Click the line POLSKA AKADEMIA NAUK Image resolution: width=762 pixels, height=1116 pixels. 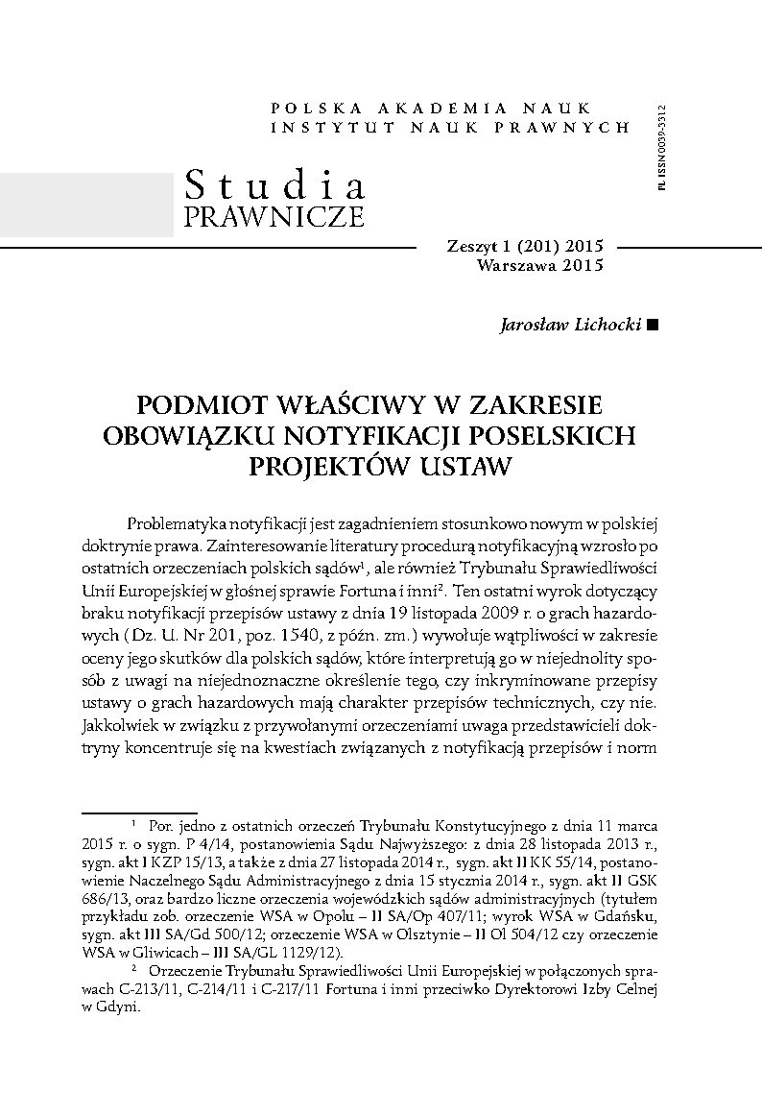tap(432, 109)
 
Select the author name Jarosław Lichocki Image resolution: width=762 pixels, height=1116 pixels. tap(572, 325)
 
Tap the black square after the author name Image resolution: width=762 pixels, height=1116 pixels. tap(654, 326)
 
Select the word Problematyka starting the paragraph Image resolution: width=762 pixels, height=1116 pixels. tap(179, 522)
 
